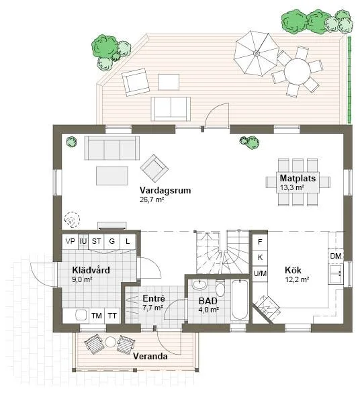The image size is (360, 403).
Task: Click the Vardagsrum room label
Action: [165, 190]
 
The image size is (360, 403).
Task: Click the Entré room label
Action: [154, 298]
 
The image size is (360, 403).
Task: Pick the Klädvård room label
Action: [91, 271]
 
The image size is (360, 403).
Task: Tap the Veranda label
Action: [150, 356]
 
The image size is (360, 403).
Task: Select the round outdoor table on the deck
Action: [296, 71]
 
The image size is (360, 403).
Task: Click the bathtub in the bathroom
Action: [238, 302]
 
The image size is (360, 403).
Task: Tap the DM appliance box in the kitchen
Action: [336, 257]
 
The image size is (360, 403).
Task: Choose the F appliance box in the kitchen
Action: [259, 241]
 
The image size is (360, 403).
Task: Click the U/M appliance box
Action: [259, 273]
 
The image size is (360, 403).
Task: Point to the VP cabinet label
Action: [69, 240]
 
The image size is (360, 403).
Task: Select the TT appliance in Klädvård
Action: [112, 315]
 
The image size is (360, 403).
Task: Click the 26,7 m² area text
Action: [152, 199]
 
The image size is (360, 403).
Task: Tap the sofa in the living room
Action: [111, 147]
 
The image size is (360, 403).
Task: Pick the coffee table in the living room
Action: [111, 175]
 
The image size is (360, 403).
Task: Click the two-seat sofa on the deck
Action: [171, 108]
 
